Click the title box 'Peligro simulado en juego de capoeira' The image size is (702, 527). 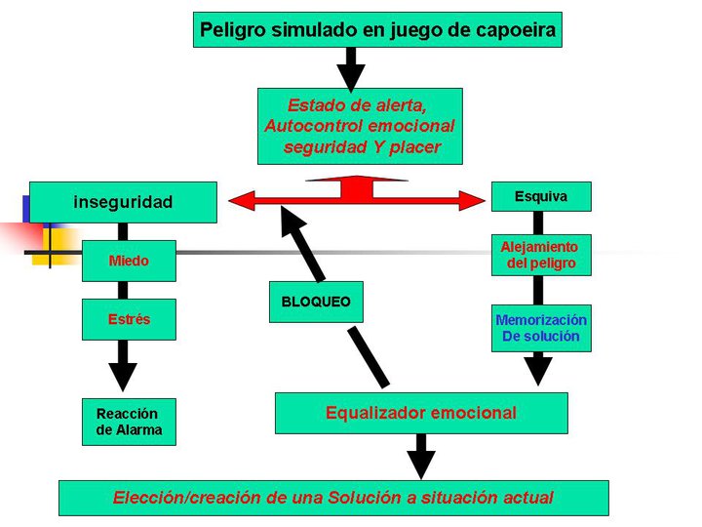pyautogui.click(x=377, y=29)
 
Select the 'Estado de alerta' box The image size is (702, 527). pyautogui.click(x=359, y=126)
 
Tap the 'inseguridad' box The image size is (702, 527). pyautogui.click(x=123, y=202)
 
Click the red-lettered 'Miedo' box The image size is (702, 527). pyautogui.click(x=129, y=261)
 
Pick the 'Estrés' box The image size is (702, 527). pyautogui.click(x=129, y=319)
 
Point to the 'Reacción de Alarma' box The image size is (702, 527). pyautogui.click(x=129, y=422)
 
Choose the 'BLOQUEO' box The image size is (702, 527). pyautogui.click(x=315, y=302)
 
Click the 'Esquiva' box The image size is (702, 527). pyautogui.click(x=540, y=197)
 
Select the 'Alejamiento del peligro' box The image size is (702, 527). pyautogui.click(x=540, y=255)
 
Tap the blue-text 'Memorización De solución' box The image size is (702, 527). pyautogui.click(x=541, y=328)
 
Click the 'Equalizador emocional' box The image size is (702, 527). pyautogui.click(x=421, y=413)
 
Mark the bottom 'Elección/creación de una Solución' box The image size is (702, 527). pyautogui.click(x=333, y=498)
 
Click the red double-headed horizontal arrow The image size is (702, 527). pyautogui.click(x=357, y=201)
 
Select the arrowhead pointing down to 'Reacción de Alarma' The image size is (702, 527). pyautogui.click(x=123, y=375)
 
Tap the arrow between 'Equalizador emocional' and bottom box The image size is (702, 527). pyautogui.click(x=421, y=456)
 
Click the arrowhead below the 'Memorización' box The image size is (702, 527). pyautogui.click(x=538, y=370)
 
